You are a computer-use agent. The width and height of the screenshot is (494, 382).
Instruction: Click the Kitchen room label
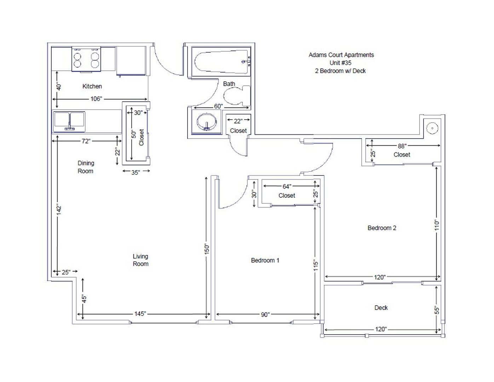92,86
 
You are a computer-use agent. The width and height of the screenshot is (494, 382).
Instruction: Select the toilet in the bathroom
237,95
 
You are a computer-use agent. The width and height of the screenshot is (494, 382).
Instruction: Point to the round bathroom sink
206,121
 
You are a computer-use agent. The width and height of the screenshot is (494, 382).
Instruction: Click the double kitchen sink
69,122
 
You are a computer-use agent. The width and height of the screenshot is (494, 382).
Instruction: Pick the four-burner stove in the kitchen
86,59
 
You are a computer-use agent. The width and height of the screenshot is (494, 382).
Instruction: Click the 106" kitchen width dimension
96,99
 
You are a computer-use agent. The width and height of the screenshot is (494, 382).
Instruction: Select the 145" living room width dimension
140,314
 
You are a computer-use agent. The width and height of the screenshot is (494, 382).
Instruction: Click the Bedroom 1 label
265,260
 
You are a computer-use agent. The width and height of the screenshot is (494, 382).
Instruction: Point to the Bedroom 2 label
382,228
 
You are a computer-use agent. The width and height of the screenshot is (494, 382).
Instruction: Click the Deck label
381,308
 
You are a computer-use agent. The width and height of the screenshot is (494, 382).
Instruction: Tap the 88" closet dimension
402,146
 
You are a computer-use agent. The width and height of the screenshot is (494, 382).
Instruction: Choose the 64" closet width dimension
287,186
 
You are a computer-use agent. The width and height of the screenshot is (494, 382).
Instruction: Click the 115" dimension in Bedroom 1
316,265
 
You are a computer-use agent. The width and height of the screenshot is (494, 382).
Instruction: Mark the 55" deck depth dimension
437,310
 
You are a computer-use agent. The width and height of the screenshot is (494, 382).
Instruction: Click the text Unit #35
340,63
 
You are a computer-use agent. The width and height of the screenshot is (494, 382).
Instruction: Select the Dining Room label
86,167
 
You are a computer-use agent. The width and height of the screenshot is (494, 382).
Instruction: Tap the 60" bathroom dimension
218,106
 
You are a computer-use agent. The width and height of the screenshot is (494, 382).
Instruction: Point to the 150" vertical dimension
206,249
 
